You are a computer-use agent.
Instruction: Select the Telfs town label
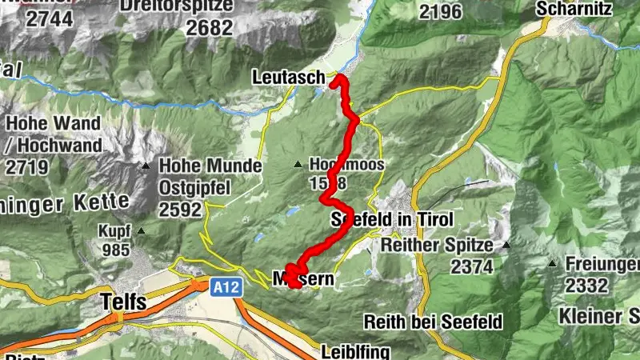pyautogui.click(x=124, y=302)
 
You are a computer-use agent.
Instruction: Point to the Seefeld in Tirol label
pyautogui.click(x=392, y=220)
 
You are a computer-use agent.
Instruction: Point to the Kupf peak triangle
pyautogui.click(x=142, y=232)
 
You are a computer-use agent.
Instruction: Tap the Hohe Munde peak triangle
pyautogui.click(x=146, y=166)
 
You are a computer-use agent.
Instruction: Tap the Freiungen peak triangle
pyautogui.click(x=552, y=263)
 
